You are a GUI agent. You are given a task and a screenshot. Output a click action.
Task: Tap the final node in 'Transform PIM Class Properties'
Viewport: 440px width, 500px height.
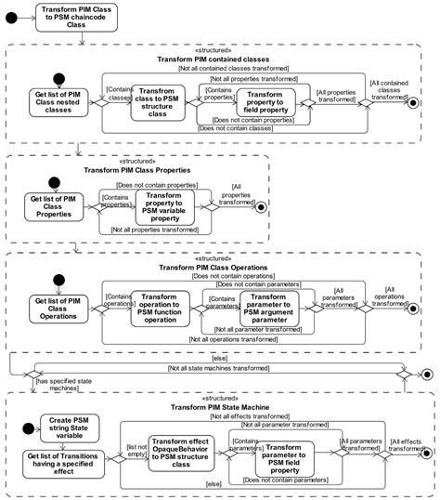point(261,206)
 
